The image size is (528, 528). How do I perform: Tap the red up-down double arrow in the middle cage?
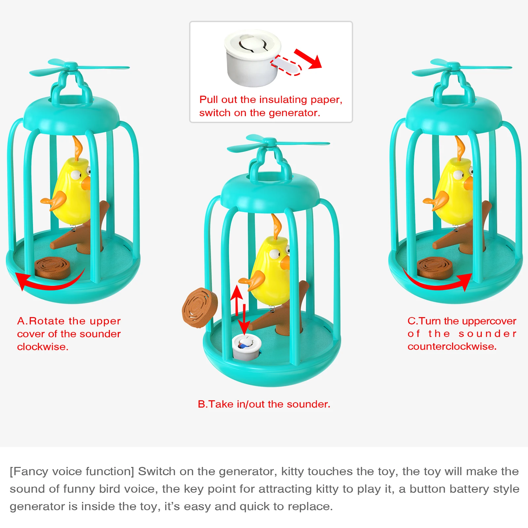240,310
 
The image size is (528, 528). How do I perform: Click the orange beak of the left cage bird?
86,183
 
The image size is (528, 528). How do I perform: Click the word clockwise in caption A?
43,347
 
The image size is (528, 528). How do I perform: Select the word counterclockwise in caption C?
452,346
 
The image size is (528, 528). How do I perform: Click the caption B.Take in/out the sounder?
264,404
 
